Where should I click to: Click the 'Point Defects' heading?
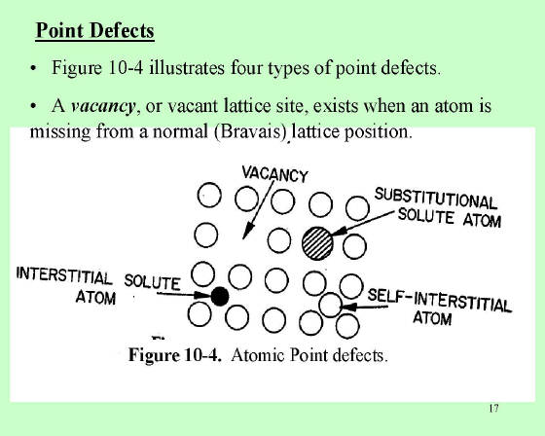(x=95, y=30)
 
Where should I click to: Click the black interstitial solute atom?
(x=220, y=296)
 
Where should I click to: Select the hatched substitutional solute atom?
(x=317, y=243)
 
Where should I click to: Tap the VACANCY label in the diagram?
(x=274, y=173)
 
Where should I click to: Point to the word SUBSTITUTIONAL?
(x=436, y=199)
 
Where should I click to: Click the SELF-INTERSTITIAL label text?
(x=439, y=300)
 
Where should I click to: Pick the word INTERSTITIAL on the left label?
(x=64, y=275)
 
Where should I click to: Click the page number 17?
(x=494, y=408)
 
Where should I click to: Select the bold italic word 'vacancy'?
(x=102, y=106)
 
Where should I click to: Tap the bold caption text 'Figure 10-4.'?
(x=175, y=355)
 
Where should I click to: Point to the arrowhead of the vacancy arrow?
(x=247, y=233)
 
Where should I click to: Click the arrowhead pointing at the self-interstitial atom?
(x=349, y=307)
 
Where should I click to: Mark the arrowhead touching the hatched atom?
(x=339, y=232)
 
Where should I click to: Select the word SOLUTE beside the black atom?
(x=152, y=281)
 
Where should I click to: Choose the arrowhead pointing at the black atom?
(x=202, y=296)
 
